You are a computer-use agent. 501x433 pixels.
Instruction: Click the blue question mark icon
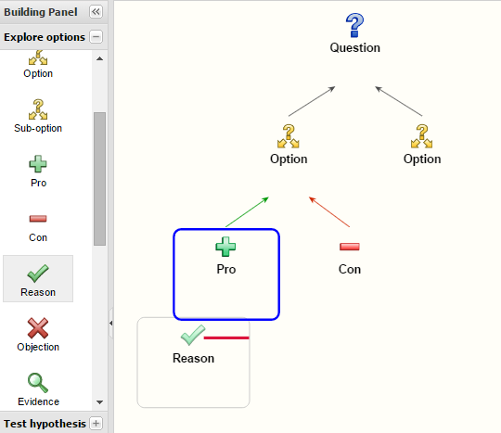coord(354,25)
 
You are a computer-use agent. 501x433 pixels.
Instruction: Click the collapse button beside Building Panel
coord(96,12)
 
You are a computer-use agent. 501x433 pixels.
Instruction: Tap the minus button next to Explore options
coord(96,37)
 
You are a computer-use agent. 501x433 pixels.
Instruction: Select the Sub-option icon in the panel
coord(38,109)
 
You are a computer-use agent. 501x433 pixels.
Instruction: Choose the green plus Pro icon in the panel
coord(38,164)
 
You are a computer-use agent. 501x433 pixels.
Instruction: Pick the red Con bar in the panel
coord(38,219)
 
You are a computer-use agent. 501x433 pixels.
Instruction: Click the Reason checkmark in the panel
coord(38,274)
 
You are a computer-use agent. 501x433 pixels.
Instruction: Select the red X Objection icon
coord(38,328)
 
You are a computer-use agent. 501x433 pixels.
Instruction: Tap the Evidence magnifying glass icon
coord(38,383)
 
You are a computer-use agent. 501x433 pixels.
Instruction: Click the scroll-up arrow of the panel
coord(99,58)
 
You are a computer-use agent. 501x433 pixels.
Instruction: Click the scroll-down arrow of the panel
coord(99,402)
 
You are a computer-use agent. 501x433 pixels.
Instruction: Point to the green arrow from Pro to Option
coord(247,212)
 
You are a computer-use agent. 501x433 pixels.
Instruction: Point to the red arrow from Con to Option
coord(329,212)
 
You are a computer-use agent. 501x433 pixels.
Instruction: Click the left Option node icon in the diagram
coord(289,136)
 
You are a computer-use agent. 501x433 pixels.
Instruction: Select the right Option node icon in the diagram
coord(422,136)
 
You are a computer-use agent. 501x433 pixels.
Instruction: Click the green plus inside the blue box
coord(225,247)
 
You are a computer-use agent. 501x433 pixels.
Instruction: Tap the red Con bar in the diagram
coord(350,247)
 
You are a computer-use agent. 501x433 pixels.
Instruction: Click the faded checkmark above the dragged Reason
coord(193,336)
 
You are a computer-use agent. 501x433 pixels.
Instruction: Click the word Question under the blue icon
coord(355,48)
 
